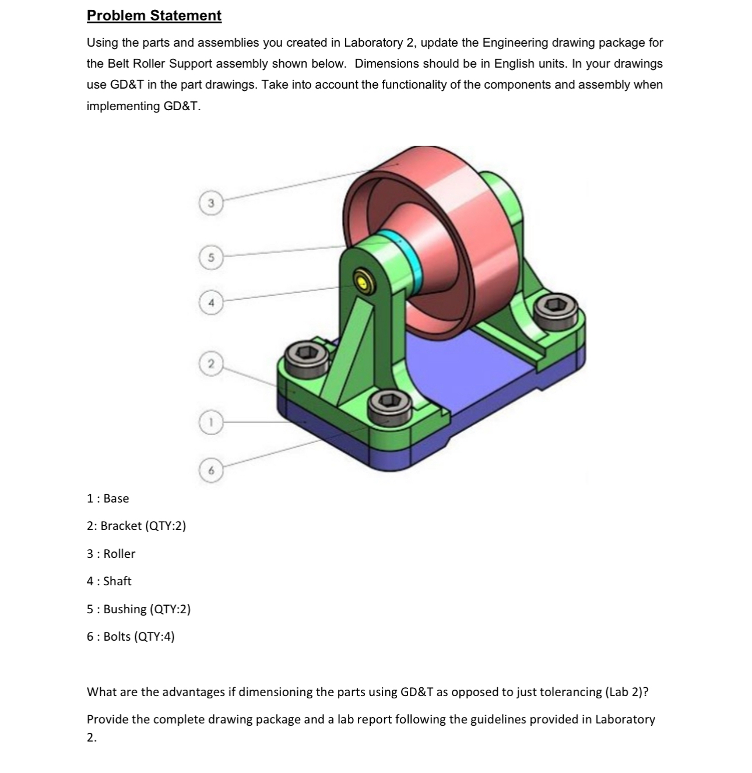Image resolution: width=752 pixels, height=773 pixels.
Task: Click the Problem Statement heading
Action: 154,16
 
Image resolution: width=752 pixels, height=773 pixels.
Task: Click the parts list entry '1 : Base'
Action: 108,498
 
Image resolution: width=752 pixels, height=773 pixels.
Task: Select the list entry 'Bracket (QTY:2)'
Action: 136,526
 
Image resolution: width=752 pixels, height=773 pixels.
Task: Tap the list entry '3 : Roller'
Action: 111,554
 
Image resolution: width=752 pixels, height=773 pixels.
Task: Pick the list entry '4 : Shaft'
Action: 109,581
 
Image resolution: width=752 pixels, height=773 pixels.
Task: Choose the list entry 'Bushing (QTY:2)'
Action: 139,609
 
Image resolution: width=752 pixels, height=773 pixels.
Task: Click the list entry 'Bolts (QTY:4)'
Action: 131,637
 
